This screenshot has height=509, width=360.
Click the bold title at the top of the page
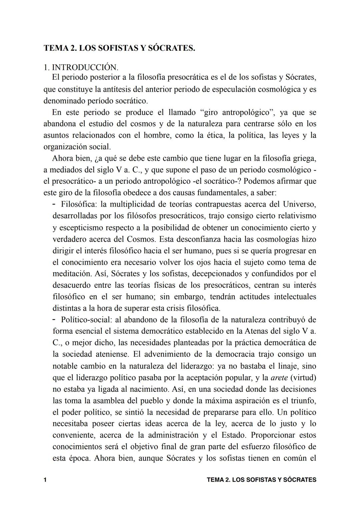tap(119, 48)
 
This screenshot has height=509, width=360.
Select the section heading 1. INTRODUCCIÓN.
tap(81, 67)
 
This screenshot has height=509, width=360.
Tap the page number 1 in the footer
tap(45, 480)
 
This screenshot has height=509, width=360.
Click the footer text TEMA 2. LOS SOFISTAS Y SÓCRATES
tap(261, 480)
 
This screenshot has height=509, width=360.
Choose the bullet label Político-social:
tap(86, 320)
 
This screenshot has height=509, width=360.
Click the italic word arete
tap(279, 378)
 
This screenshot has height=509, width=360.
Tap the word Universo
tap(299, 204)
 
